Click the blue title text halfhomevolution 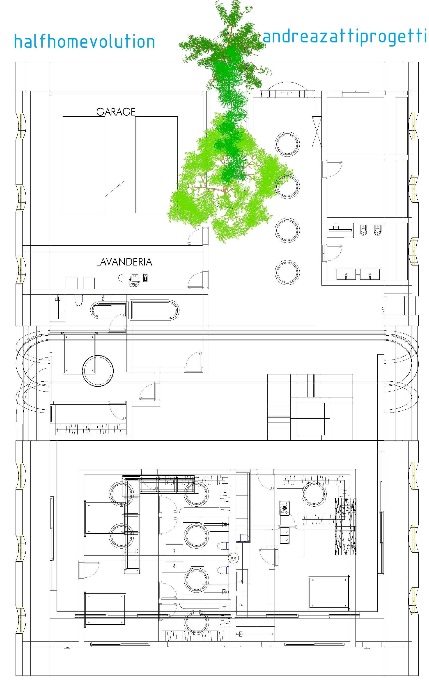click(x=85, y=42)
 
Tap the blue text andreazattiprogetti click(x=345, y=37)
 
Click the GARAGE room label click(x=116, y=112)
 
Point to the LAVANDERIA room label click(x=124, y=262)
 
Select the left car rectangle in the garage click(x=84, y=165)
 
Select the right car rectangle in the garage click(x=156, y=165)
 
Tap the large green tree click(x=227, y=136)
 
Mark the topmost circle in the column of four click(x=287, y=144)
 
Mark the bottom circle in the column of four click(x=287, y=272)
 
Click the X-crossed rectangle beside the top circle click(x=317, y=132)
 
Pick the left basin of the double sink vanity click(x=346, y=274)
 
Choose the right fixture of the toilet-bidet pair click(x=378, y=230)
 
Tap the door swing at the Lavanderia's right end click(x=196, y=280)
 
